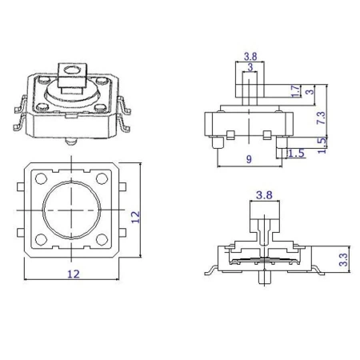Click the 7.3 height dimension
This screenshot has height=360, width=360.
point(320,117)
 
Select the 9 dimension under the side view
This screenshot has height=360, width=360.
point(248,159)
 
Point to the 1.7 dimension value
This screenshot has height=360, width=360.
point(295,92)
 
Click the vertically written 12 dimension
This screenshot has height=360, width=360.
point(136,215)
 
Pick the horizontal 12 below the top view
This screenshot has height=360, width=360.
point(74,274)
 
